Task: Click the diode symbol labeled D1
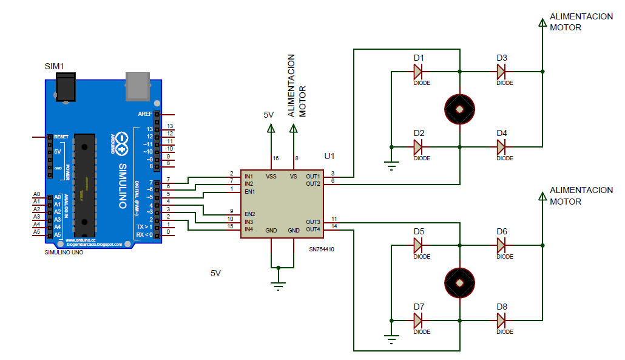click(x=418, y=72)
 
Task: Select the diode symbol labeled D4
click(x=501, y=147)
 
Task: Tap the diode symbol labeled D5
click(x=418, y=245)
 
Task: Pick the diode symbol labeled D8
click(x=501, y=320)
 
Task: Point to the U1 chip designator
click(x=329, y=156)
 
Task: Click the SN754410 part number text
click(x=322, y=250)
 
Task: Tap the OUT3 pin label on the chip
click(x=313, y=222)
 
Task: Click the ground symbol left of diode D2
click(x=391, y=163)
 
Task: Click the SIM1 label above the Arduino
click(x=55, y=66)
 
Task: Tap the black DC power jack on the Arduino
click(x=64, y=86)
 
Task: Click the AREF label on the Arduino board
click(x=145, y=114)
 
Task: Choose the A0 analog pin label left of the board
click(x=36, y=194)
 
